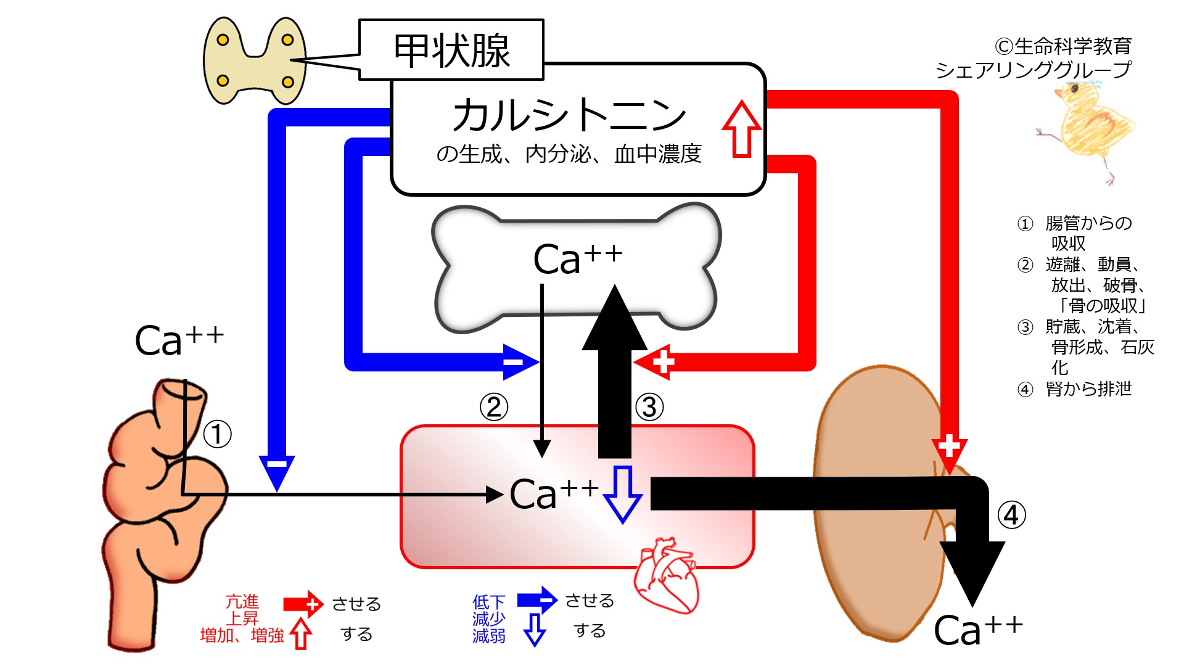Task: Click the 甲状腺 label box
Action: tap(451, 50)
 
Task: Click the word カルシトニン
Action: tap(569, 115)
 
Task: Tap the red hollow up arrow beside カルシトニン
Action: tap(741, 129)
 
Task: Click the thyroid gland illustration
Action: tap(254, 60)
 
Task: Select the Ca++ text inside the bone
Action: tap(577, 258)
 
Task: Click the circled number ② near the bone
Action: tap(494, 408)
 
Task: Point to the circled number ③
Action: tap(649, 408)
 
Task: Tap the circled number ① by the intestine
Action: tap(217, 434)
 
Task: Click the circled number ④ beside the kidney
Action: tap(1011, 515)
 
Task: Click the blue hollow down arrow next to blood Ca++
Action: tap(622, 494)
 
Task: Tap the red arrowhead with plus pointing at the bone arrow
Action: tap(656, 362)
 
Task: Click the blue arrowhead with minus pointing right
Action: tap(520, 362)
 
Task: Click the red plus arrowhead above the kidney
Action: tap(949, 451)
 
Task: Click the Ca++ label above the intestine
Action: tap(179, 340)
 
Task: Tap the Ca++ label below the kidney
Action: tap(977, 630)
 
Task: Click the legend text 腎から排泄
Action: tap(1088, 389)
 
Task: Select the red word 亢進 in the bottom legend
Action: tap(242, 601)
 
